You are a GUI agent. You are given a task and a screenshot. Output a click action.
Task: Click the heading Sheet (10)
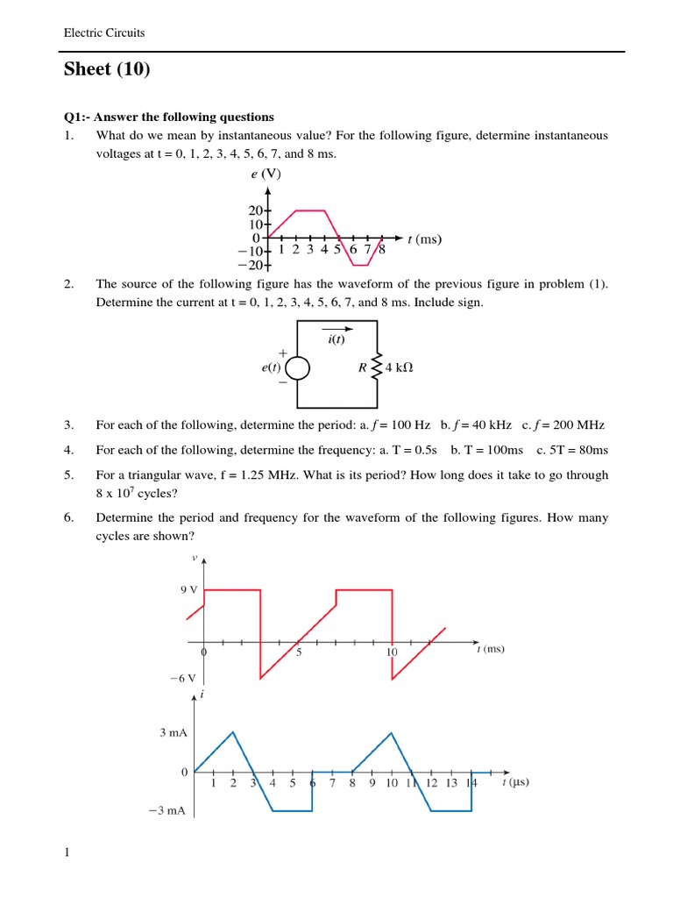coord(107,70)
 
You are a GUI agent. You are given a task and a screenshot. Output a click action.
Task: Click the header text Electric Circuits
coord(104,33)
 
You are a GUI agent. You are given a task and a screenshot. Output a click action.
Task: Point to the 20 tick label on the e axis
coord(255,210)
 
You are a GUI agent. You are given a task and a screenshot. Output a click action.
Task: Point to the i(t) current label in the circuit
coord(336,339)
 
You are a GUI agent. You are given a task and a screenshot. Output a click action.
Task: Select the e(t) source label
coord(269,368)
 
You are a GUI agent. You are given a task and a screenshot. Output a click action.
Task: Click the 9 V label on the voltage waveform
coord(188,590)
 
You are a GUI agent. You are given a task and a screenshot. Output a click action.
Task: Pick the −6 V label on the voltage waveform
coord(184,678)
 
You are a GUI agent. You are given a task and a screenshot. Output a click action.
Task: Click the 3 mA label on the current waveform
coord(174,731)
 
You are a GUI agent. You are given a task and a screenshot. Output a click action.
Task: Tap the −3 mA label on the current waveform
coord(170,811)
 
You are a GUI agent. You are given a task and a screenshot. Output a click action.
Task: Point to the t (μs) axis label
coord(515,782)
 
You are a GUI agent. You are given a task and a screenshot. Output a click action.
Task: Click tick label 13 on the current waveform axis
coord(451,783)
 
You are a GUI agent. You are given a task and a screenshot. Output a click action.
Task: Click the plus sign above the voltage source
coord(282,353)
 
